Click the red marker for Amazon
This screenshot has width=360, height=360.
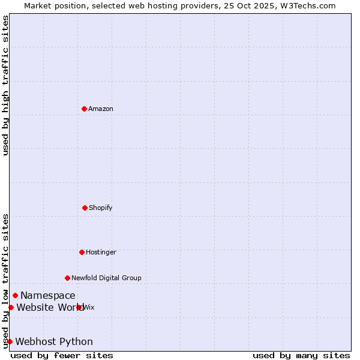tap(84, 109)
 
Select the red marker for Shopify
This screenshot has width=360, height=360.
tap(85, 208)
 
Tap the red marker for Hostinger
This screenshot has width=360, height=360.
tap(82, 252)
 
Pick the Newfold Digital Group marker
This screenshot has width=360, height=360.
tap(67, 278)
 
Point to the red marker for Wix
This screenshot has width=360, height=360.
tap(79, 307)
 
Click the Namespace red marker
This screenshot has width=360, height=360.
tap(15, 295)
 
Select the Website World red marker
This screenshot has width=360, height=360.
tap(11, 307)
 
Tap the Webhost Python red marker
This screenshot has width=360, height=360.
tap(10, 341)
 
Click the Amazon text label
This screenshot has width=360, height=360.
tap(101, 109)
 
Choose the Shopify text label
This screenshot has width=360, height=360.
tap(101, 208)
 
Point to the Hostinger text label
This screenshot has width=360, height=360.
tap(101, 252)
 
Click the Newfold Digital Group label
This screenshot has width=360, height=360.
tap(106, 278)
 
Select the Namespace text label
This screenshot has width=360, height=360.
tap(48, 295)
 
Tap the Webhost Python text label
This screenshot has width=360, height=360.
tap(54, 341)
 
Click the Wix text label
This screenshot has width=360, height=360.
tap(89, 307)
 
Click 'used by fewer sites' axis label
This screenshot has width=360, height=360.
tap(62, 355)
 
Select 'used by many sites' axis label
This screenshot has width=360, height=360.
tap(301, 355)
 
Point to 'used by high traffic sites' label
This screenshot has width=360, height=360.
tap(5, 85)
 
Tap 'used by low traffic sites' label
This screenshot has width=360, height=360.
tap(5, 280)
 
